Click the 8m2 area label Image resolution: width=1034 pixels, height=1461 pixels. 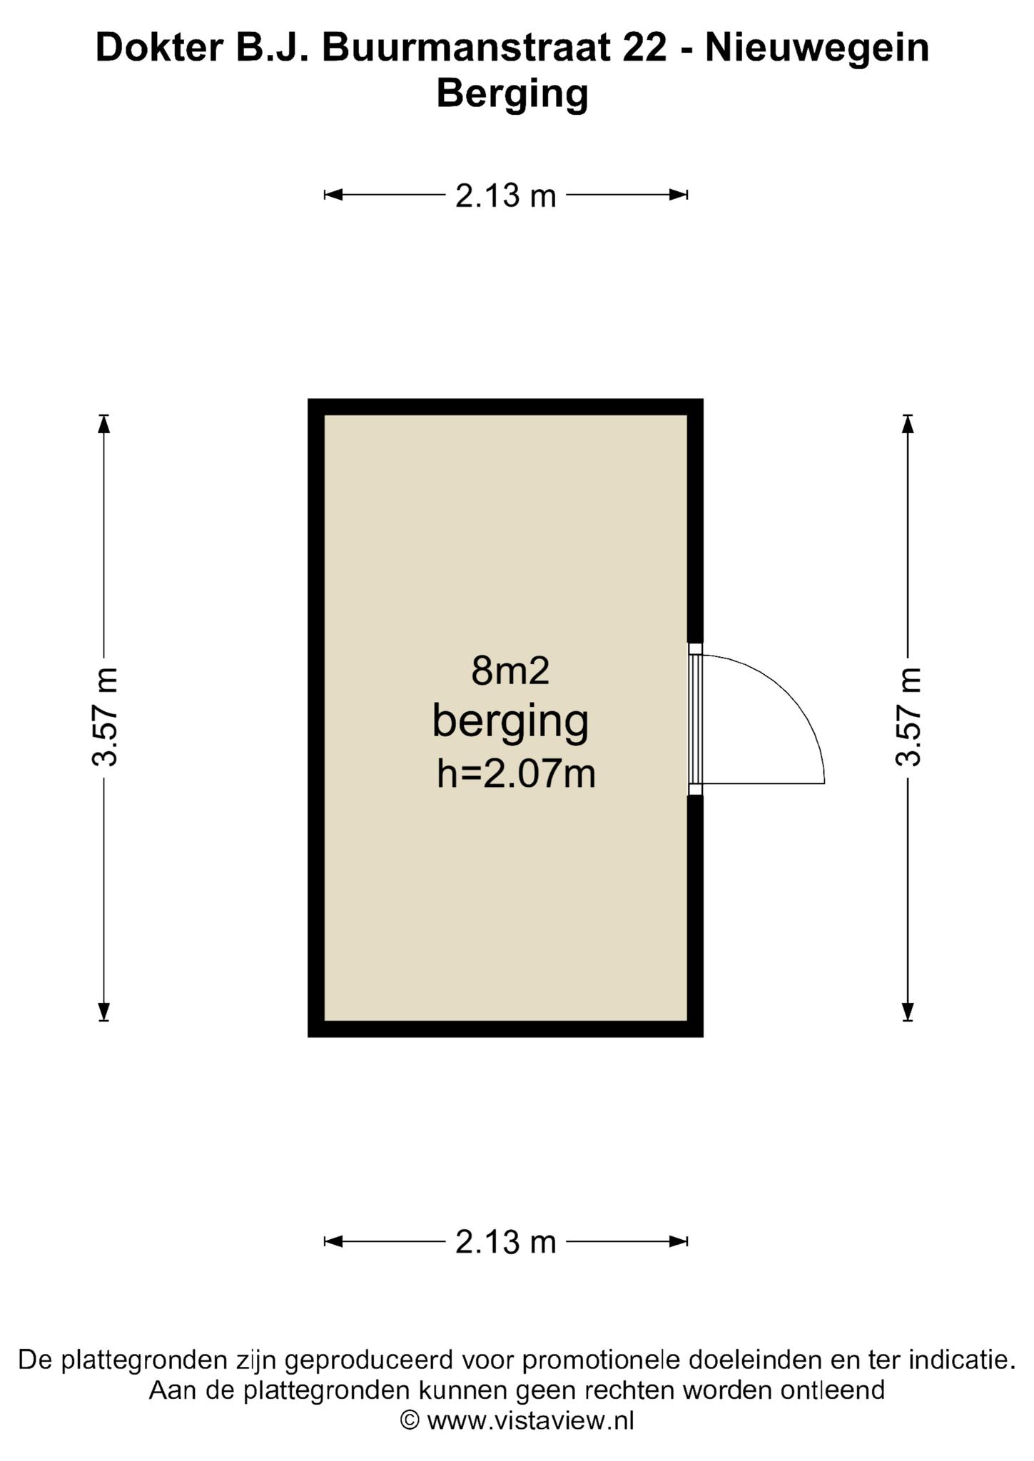pos(510,671)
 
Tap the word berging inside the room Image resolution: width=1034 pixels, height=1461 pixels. pos(510,723)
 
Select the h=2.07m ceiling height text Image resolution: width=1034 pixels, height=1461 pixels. pos(516,773)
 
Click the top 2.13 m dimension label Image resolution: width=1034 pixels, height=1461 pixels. pos(505,195)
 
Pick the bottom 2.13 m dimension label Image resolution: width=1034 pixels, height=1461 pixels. pos(505,1242)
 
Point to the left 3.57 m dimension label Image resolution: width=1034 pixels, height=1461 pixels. pos(105,717)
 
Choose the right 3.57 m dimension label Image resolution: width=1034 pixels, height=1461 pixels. pos(908,717)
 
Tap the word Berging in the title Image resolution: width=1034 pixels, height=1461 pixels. pos(512,94)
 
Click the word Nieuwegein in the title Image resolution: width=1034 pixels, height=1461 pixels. pos(817,49)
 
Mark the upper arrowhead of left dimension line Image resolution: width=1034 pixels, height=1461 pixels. pos(105,424)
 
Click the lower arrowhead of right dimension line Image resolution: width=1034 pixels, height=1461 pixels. pos(908,1012)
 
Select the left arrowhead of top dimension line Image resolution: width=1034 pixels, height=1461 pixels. pos(334,195)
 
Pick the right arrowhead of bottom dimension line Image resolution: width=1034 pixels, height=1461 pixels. pos(678,1242)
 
